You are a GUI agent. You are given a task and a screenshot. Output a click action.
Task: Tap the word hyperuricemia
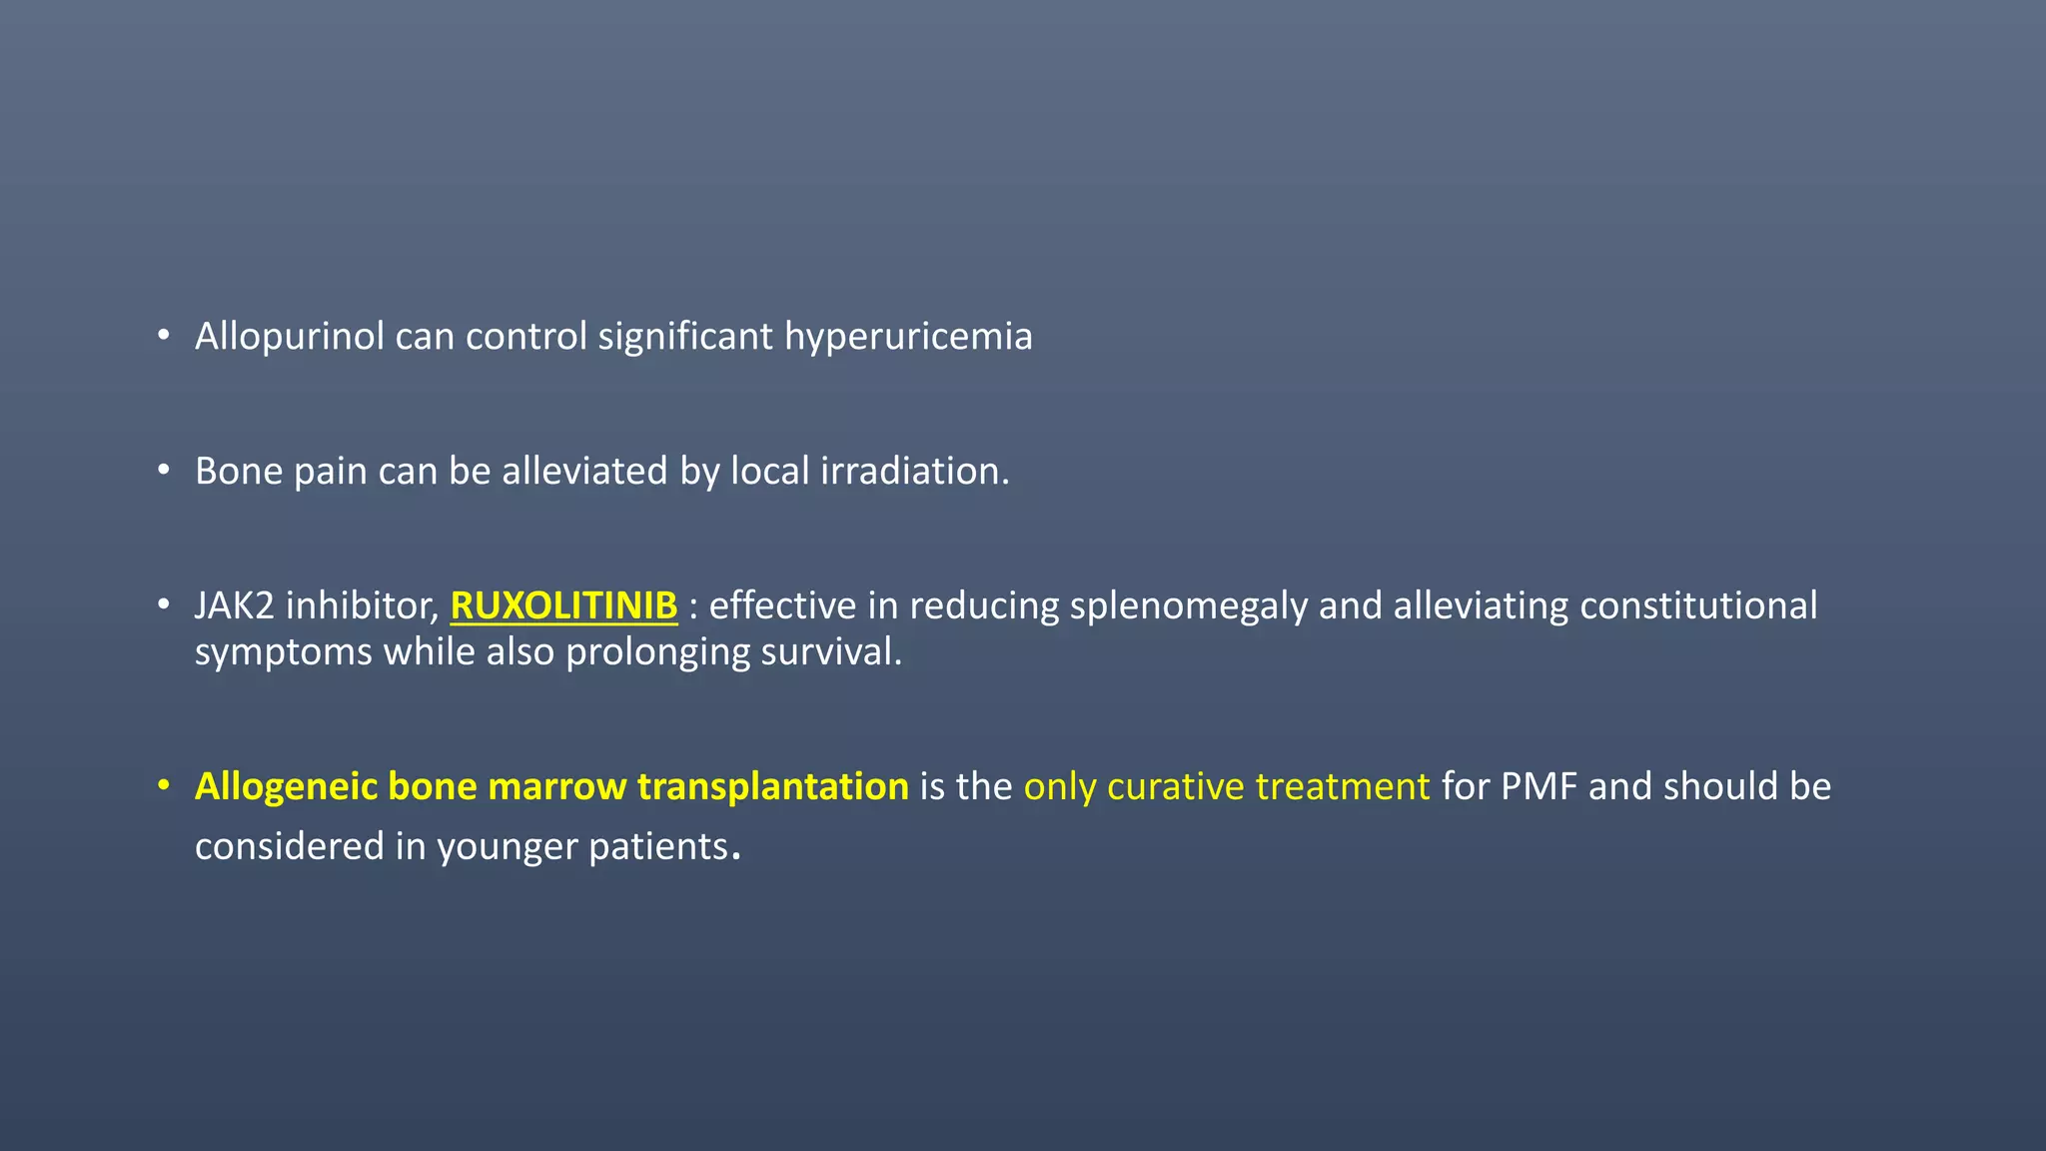coord(908,337)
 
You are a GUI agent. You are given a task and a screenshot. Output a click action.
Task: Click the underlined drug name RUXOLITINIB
coord(563,605)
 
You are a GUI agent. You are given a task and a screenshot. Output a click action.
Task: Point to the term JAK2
coord(234,605)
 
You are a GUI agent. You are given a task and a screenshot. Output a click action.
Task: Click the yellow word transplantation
coord(772,786)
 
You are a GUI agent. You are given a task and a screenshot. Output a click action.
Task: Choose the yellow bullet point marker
coord(164,785)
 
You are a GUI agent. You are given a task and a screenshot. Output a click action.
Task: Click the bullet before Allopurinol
coord(164,336)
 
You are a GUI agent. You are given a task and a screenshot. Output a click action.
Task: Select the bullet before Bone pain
coord(164,470)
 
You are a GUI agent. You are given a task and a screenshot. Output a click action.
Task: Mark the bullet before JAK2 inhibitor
coord(164,604)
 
